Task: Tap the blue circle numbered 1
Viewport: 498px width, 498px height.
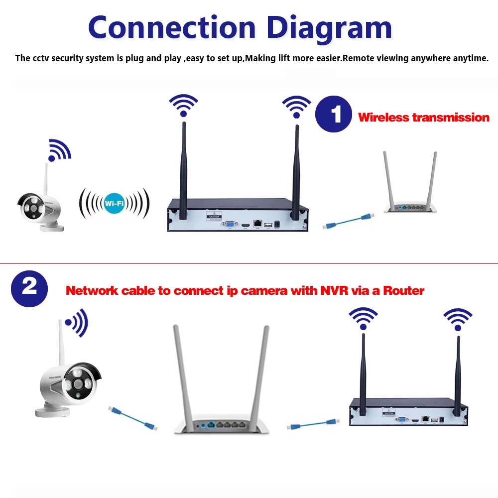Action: pyautogui.click(x=334, y=114)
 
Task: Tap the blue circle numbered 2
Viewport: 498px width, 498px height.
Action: pyautogui.click(x=29, y=287)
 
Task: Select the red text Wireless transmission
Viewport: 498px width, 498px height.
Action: pyautogui.click(x=424, y=118)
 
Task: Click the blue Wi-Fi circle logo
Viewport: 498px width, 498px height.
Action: pyautogui.click(x=115, y=203)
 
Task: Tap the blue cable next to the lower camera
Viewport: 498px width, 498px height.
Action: pyautogui.click(x=132, y=417)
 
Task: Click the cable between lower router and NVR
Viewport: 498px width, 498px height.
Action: pyautogui.click(x=313, y=425)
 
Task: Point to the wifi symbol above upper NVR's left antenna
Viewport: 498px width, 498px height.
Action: pyautogui.click(x=183, y=105)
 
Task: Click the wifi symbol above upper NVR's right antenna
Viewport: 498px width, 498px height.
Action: pyautogui.click(x=296, y=106)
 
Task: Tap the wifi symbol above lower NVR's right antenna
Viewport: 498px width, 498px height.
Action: pyautogui.click(x=458, y=319)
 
